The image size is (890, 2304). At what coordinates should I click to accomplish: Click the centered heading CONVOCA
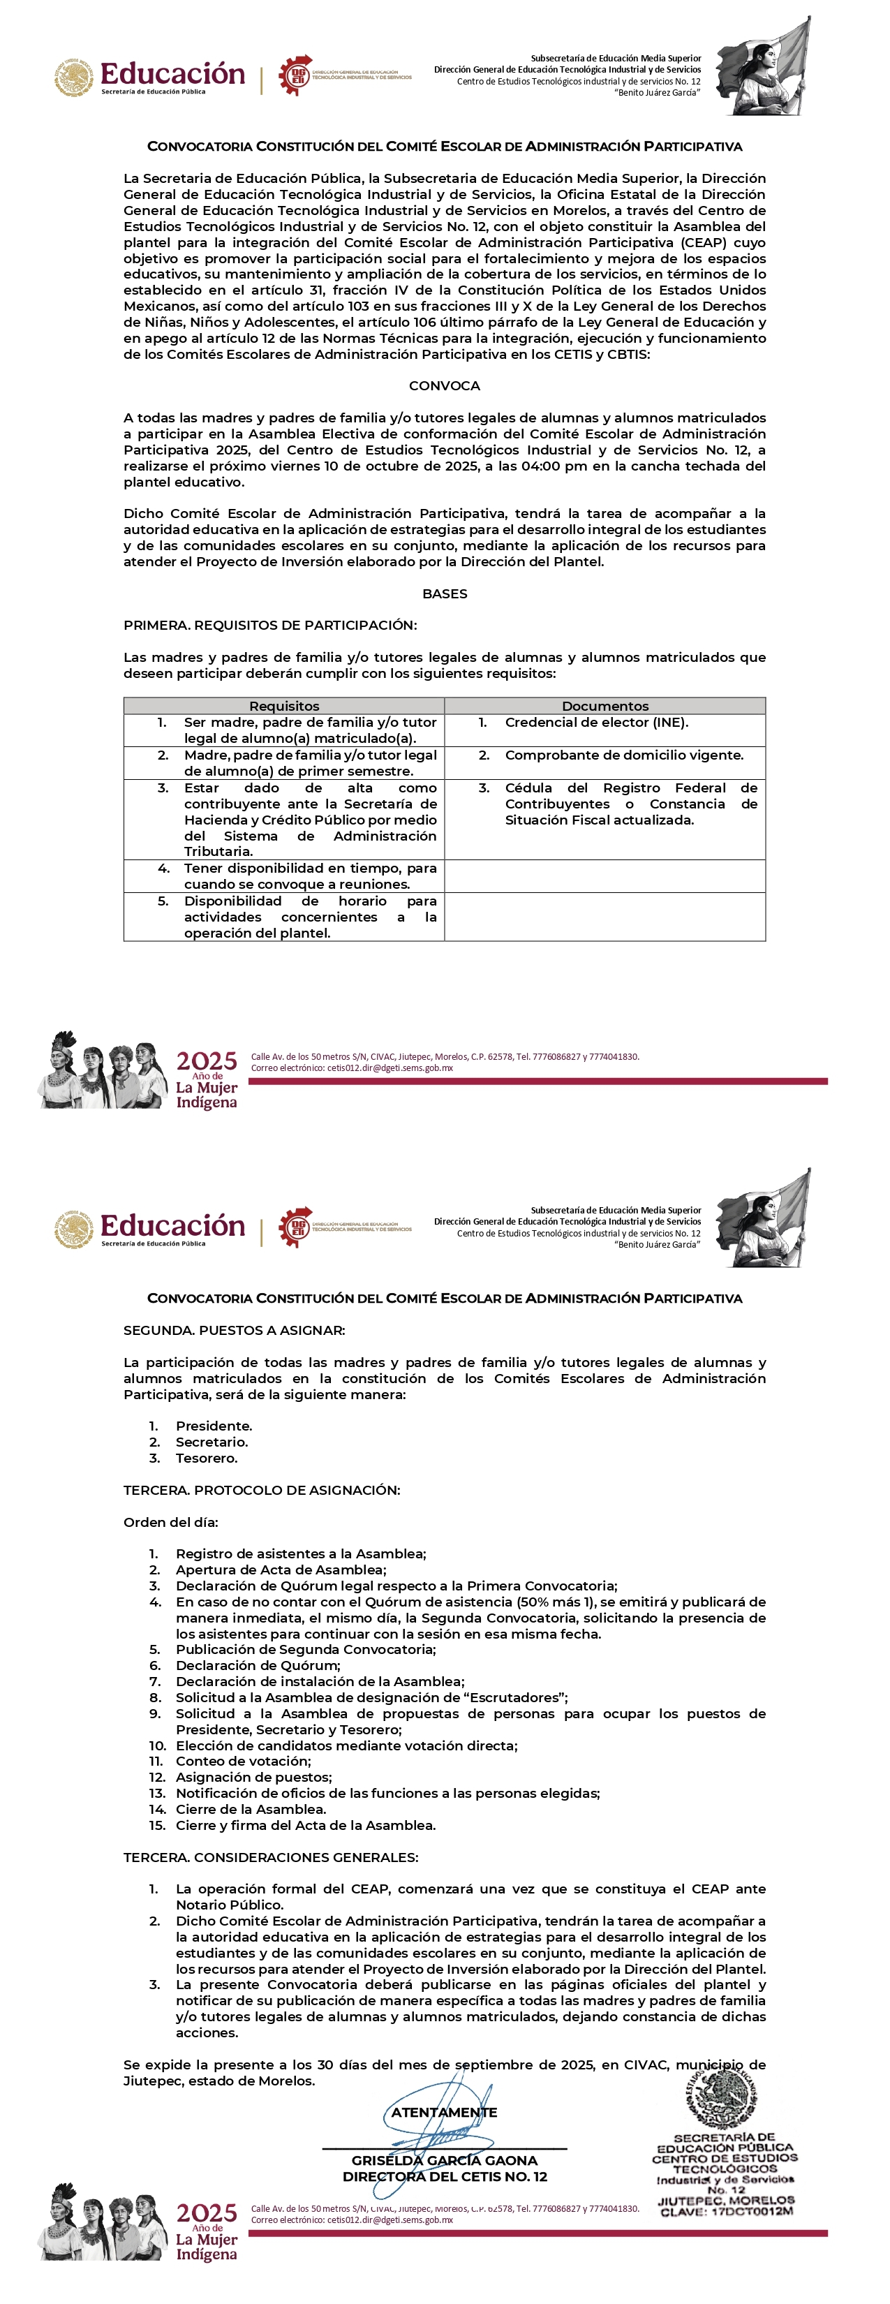444,385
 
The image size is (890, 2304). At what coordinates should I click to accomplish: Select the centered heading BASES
444,593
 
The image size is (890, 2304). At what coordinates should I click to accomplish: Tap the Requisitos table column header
283,706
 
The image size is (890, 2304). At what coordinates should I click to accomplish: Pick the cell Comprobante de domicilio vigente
623,755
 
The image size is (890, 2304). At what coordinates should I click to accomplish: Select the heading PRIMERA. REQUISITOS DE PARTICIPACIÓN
270,624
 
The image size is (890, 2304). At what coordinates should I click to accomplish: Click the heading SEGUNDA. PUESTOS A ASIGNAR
235,1330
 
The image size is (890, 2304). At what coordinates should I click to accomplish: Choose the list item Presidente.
214,1426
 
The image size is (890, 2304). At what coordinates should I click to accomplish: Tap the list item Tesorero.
207,1458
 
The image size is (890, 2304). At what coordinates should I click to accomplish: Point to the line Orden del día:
171,1521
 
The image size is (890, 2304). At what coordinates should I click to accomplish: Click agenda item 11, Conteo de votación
242,1761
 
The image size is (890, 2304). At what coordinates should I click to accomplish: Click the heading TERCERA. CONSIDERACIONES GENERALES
270,1856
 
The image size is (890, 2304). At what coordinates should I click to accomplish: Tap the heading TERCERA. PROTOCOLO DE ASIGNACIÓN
262,1489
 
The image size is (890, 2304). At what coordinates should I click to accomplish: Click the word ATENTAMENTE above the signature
444,2112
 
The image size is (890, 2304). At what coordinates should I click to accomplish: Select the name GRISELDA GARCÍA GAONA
444,2160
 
